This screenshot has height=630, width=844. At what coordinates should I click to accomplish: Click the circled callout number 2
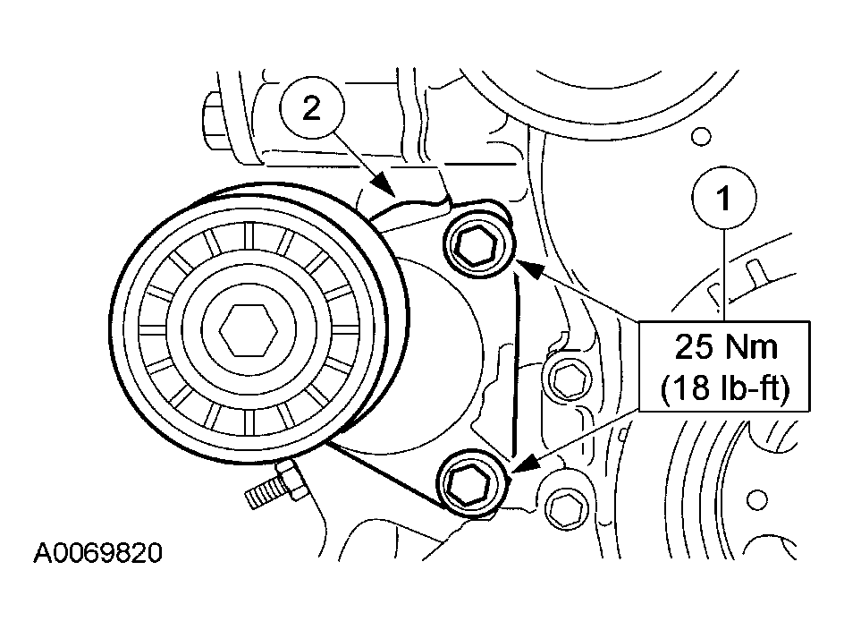(310, 109)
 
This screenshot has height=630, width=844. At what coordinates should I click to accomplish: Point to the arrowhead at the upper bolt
(523, 265)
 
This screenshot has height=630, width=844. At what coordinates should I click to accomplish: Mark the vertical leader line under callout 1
(725, 273)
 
